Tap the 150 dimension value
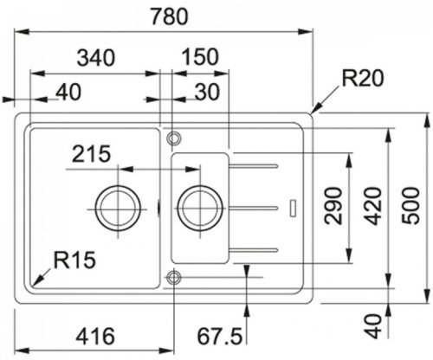(201, 57)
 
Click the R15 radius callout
(74, 259)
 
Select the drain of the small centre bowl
(200, 207)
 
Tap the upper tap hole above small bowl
(173, 137)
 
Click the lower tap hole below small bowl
(173, 277)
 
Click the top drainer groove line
(254, 164)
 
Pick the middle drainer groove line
(254, 208)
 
